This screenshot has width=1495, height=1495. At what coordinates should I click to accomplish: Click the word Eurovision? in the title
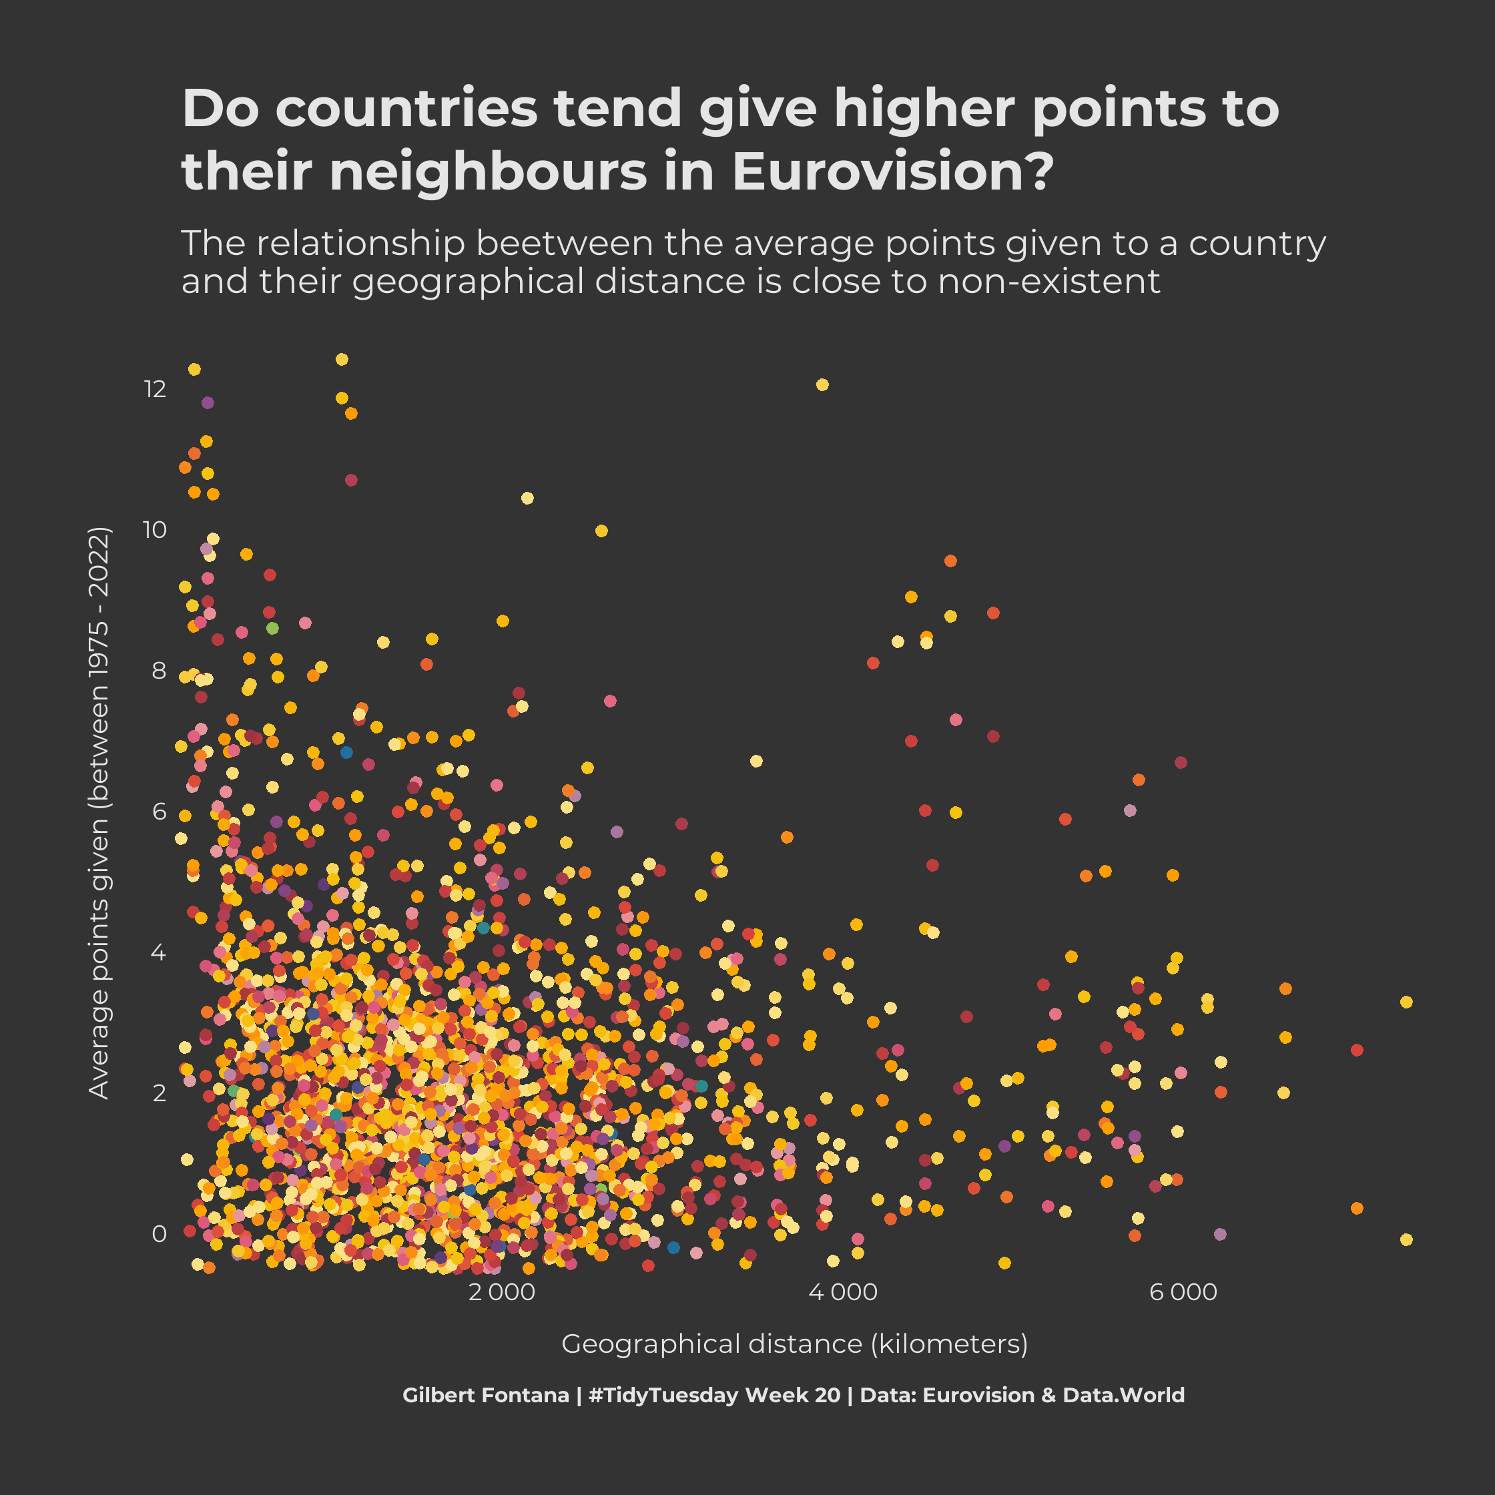coord(892,171)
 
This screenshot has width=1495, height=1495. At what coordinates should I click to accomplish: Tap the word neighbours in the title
coord(487,171)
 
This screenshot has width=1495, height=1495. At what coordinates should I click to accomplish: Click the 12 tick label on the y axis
coord(155,388)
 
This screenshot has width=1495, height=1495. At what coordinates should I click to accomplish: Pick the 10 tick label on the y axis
coord(155,529)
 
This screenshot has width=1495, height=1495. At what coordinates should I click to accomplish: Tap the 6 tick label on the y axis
coord(160,811)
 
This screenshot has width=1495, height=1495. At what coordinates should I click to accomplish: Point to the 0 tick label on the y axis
coord(160,1233)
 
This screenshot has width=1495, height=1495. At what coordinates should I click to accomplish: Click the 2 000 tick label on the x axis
coord(501,1292)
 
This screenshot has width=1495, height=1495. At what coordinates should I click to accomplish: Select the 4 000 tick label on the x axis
coord(843,1292)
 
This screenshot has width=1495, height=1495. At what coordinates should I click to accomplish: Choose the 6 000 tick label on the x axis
coord(1183,1292)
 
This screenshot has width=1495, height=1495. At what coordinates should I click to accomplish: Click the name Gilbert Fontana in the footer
coord(485,1395)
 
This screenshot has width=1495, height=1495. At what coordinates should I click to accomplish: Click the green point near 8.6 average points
coord(272,627)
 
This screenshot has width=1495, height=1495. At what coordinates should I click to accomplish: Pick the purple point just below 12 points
coord(208,402)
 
